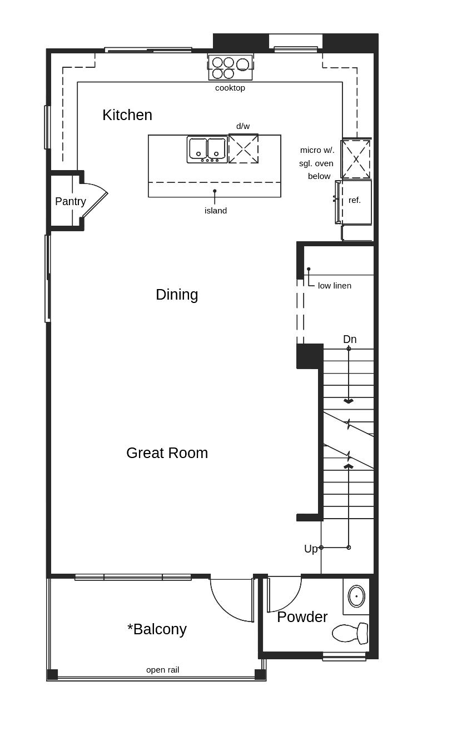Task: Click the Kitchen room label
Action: pyautogui.click(x=127, y=115)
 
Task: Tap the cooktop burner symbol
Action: pyautogui.click(x=230, y=67)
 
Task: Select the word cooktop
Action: pyautogui.click(x=230, y=88)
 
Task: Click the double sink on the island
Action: pyautogui.click(x=207, y=150)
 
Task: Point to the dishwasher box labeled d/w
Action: pyautogui.click(x=244, y=148)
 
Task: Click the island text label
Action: pyautogui.click(x=216, y=211)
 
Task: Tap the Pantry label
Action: pyautogui.click(x=71, y=201)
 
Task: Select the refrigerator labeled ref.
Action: pyautogui.click(x=355, y=201)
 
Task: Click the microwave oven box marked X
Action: pyautogui.click(x=356, y=159)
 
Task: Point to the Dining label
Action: pyautogui.click(x=177, y=295)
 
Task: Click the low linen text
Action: pyautogui.click(x=335, y=286)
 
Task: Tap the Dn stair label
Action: pyautogui.click(x=350, y=339)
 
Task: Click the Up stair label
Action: pyautogui.click(x=311, y=549)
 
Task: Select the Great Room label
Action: pyautogui.click(x=167, y=453)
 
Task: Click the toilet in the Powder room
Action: pyautogui.click(x=351, y=633)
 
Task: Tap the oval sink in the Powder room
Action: pyautogui.click(x=356, y=596)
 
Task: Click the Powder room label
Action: pyautogui.click(x=302, y=617)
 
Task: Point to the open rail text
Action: pyautogui.click(x=162, y=670)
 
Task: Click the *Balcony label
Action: pyautogui.click(x=157, y=629)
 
